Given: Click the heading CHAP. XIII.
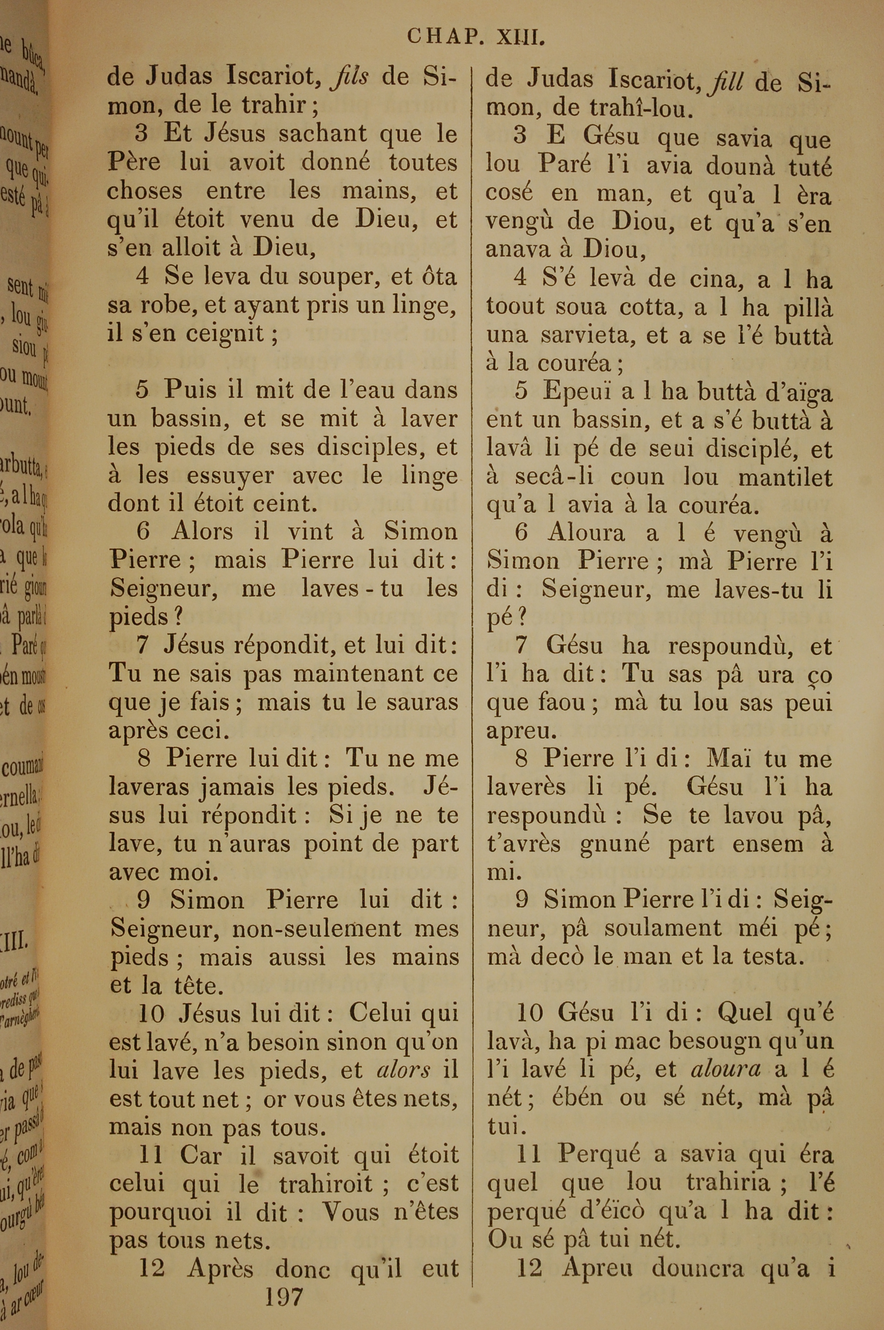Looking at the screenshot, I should (476, 37).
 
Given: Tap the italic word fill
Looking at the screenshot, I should (727, 82).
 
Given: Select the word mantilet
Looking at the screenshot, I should (785, 478).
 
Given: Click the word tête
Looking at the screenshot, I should (194, 986).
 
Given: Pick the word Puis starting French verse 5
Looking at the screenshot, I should (186, 390).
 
